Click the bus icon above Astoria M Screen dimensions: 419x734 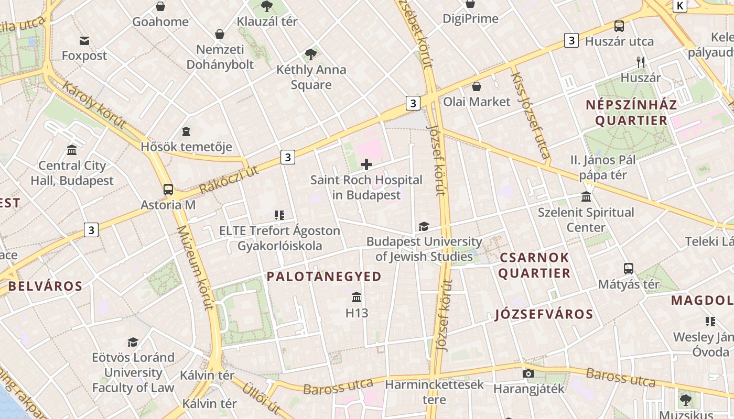(168, 189)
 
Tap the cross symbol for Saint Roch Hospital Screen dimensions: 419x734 (366, 165)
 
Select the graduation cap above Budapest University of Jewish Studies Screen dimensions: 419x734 (424, 226)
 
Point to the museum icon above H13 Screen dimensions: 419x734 (357, 297)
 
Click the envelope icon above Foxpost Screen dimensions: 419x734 (84, 40)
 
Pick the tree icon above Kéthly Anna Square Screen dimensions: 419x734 (311, 54)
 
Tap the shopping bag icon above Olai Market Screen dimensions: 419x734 (477, 86)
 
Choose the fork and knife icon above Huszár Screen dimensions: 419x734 (640, 62)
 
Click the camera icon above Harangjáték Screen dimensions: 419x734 (528, 373)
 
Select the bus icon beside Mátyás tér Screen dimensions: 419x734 (629, 269)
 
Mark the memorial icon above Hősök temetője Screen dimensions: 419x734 (186, 131)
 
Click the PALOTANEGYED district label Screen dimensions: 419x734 (324, 277)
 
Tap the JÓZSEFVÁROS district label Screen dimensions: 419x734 (544, 314)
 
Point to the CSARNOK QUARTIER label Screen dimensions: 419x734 (534, 265)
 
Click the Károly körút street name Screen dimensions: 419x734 (94, 104)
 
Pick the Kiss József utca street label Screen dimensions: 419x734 (530, 115)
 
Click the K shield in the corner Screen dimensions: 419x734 (680, 6)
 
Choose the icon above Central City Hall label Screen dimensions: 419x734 (72, 150)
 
